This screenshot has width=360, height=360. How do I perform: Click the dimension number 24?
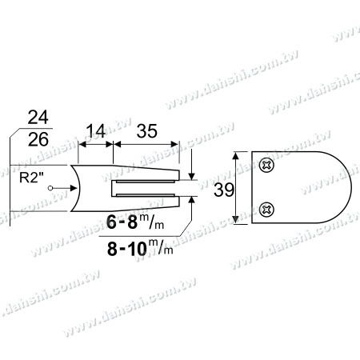38,118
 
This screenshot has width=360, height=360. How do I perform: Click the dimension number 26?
38,139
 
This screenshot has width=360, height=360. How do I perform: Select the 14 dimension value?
96,131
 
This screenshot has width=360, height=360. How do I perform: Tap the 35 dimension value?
146,131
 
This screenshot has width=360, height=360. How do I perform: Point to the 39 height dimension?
224,190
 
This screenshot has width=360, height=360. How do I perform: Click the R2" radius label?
31,178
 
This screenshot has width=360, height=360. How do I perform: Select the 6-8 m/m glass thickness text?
135,222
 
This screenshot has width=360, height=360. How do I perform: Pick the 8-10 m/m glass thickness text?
140,249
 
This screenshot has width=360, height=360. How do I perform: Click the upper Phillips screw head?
266,166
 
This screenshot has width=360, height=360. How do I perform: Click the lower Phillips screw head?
266,210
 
